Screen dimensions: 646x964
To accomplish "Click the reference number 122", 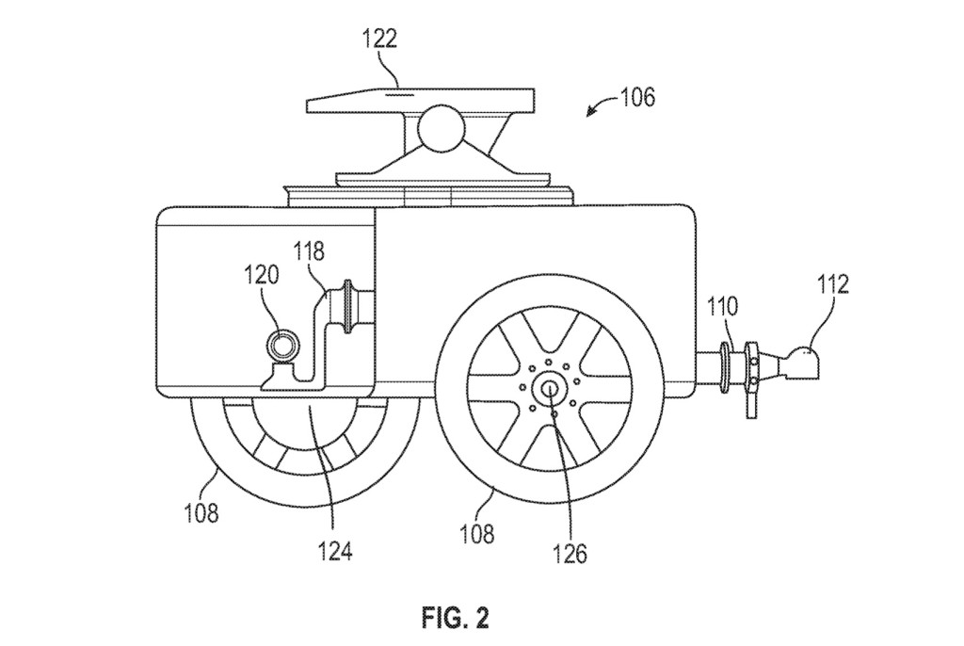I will coord(379,39).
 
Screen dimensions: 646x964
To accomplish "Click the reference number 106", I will coord(637,96).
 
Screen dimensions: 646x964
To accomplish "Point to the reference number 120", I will coord(263,275).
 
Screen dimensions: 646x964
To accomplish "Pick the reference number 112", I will coord(832,284).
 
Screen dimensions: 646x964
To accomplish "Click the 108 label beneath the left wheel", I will coord(201,512).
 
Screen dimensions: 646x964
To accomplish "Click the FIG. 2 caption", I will coord(455,619).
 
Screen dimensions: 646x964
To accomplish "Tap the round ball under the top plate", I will coord(441,128).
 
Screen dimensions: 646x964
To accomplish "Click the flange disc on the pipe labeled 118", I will coord(354,306).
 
